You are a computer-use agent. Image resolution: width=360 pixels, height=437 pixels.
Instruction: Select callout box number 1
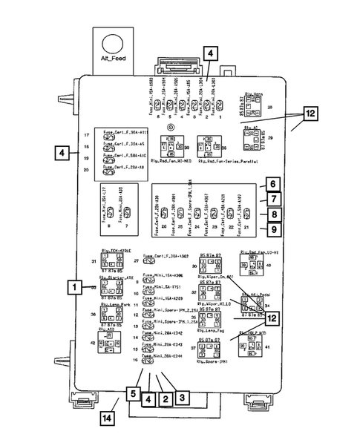pyautogui.click(x=73, y=286)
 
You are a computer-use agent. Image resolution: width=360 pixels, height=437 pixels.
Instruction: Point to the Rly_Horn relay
pyautogui.click(x=255, y=108)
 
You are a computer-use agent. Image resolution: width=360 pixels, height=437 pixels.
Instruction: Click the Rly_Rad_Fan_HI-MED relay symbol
pyautogui.click(x=178, y=142)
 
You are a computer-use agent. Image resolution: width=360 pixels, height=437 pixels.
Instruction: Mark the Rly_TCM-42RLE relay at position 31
pyautogui.click(x=111, y=262)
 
